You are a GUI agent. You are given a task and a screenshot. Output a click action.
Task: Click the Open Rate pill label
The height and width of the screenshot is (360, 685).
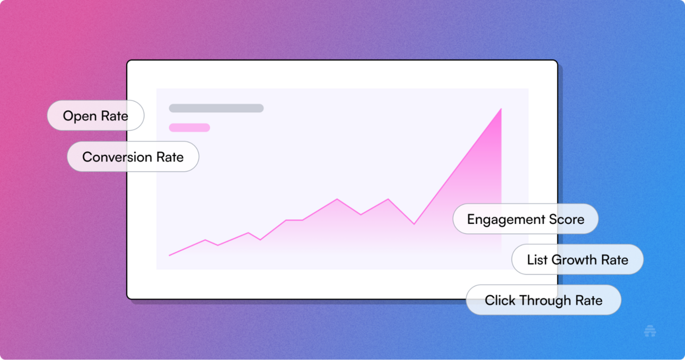(95, 116)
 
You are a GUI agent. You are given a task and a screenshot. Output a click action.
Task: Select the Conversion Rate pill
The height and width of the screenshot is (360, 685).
(133, 156)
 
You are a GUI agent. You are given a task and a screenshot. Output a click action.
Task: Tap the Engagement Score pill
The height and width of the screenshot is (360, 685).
(525, 219)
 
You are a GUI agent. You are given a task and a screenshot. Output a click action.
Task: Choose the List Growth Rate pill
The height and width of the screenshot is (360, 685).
(577, 259)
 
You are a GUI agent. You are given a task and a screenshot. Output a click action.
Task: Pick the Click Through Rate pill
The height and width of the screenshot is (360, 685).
(543, 300)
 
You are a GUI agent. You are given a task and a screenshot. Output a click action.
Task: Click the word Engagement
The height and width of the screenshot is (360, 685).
(506, 220)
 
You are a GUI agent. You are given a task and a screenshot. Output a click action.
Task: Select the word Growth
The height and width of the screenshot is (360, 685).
(574, 260)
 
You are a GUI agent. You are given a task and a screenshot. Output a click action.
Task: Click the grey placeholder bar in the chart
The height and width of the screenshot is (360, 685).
(216, 108)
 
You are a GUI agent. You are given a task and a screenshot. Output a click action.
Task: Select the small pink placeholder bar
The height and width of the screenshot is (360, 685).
(189, 128)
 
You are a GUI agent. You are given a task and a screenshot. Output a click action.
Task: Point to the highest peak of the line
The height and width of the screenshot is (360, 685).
(501, 109)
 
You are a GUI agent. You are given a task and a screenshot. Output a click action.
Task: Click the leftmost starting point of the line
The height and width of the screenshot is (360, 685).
(170, 255)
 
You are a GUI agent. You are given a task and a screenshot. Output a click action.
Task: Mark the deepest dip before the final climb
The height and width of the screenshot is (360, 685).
(415, 224)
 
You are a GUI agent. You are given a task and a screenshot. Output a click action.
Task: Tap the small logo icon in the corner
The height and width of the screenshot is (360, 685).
(650, 331)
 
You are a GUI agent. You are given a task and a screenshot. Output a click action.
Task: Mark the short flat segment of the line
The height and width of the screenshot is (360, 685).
(294, 220)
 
